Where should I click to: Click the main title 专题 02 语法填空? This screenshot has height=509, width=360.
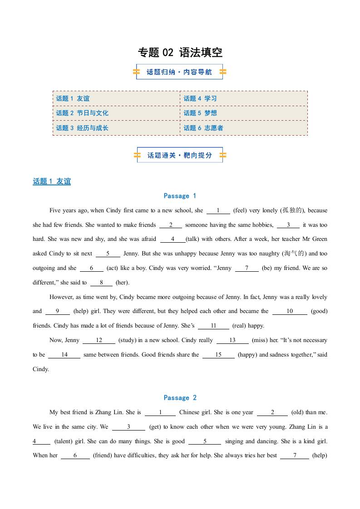click(x=180, y=53)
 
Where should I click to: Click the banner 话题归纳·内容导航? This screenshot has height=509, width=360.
click(x=179, y=72)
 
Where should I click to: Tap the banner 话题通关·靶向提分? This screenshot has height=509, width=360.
click(x=180, y=155)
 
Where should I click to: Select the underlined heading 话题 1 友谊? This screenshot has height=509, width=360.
click(x=52, y=181)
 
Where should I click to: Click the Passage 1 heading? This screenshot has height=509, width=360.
click(x=180, y=196)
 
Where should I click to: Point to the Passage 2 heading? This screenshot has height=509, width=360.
click(x=180, y=398)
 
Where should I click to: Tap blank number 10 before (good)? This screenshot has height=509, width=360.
click(x=290, y=311)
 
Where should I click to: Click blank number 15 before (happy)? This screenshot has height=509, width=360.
click(x=218, y=355)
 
